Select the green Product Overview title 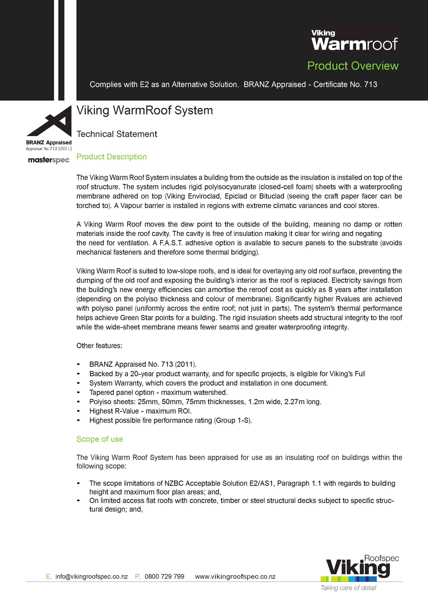pyautogui.click(x=353, y=66)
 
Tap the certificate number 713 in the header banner pyautogui.click(x=370, y=84)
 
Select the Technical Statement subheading pyautogui.click(x=117, y=134)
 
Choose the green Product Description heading pyautogui.click(x=111, y=157)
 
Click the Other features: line pyautogui.click(x=99, y=346)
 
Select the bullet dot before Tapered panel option pyautogui.click(x=78, y=392)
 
